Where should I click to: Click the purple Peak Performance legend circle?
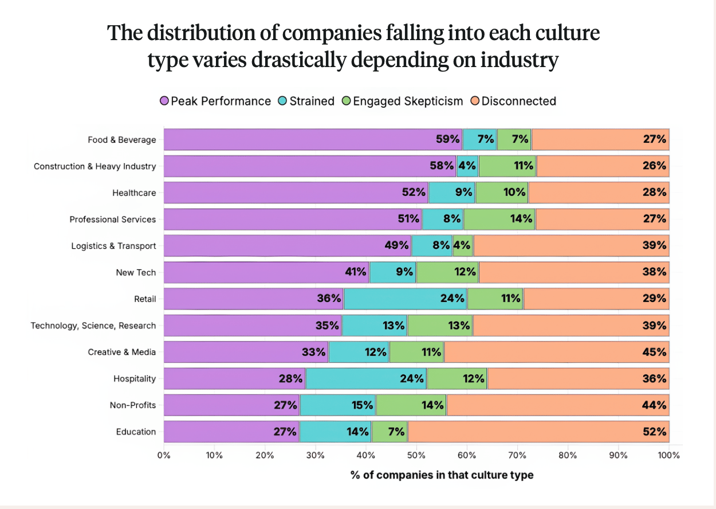pos(164,101)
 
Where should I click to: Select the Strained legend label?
pos(312,101)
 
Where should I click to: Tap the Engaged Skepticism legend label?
pos(407,101)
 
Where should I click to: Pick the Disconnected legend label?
pos(518,101)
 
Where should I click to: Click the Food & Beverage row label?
pos(121,140)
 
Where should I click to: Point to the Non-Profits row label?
pos(132,405)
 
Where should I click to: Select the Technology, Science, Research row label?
pos(93,326)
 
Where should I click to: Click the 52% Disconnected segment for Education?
pos(538,432)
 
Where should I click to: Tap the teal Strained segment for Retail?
pos(405,299)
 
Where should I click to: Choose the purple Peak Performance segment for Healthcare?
pos(296,193)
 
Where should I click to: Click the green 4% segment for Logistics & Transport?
pos(463,246)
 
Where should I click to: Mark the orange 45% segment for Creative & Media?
pos(556,352)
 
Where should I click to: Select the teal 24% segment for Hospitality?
pos(366,378)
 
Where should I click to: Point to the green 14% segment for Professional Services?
pos(499,219)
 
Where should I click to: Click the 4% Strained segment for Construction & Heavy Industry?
pos(467,166)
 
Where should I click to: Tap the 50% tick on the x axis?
pos(416,456)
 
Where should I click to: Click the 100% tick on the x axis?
pos(668,456)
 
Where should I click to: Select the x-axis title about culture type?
pos(442,475)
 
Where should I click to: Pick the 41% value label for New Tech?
pos(355,272)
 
